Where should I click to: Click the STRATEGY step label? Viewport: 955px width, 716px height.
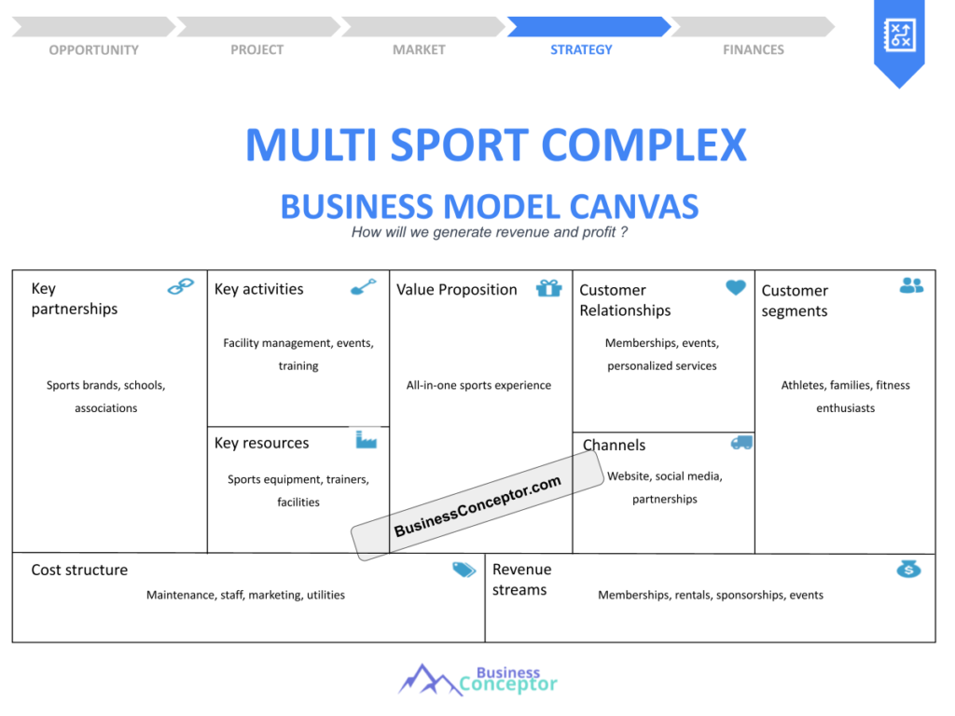pyautogui.click(x=581, y=49)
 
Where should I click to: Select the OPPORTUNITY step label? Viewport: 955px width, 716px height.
pyautogui.click(x=93, y=49)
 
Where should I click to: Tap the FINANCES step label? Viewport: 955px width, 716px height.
pyautogui.click(x=753, y=49)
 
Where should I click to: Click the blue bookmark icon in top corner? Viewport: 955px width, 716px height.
pyautogui.click(x=898, y=39)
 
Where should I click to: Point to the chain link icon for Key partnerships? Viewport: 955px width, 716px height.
pyautogui.click(x=180, y=287)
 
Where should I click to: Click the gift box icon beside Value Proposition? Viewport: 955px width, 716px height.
pyautogui.click(x=548, y=288)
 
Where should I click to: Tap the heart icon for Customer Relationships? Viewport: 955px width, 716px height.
pyautogui.click(x=736, y=288)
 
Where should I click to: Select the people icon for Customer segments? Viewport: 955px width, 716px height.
pyautogui.click(x=911, y=286)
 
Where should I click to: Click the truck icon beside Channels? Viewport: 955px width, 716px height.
pyautogui.click(x=741, y=443)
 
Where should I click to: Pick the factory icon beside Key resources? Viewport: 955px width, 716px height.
pyautogui.click(x=366, y=439)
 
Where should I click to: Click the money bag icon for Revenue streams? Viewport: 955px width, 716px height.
pyautogui.click(x=908, y=569)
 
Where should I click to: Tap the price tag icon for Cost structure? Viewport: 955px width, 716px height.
pyautogui.click(x=464, y=570)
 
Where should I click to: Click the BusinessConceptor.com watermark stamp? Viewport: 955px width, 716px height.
pyautogui.click(x=477, y=506)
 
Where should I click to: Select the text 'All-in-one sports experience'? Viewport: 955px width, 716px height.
pyautogui.click(x=478, y=385)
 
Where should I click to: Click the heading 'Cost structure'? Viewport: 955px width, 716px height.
pyautogui.click(x=79, y=570)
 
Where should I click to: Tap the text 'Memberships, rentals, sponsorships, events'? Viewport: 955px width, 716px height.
pyautogui.click(x=710, y=595)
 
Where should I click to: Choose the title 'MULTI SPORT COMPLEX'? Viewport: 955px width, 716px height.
pyautogui.click(x=495, y=145)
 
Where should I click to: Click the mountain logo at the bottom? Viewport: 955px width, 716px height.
pyautogui.click(x=429, y=680)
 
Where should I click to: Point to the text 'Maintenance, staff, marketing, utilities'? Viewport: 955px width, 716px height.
pyautogui.click(x=245, y=595)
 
